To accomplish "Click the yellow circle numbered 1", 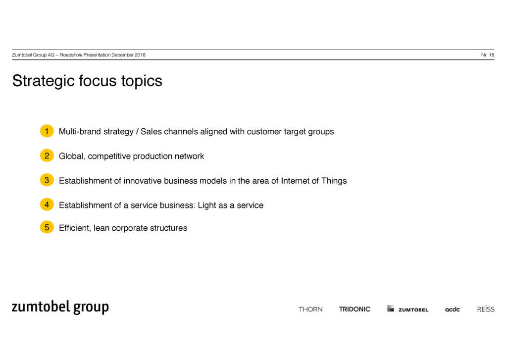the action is (x=47, y=131).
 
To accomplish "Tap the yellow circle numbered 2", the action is (x=47, y=155).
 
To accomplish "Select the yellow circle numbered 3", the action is (x=47, y=180).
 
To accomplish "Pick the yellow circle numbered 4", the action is (x=47, y=205).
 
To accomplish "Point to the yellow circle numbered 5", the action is (x=47, y=227).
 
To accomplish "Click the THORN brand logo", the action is (x=310, y=309).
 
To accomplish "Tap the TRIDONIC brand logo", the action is (x=355, y=309).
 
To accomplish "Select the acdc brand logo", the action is (x=453, y=309).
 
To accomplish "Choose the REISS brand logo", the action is (x=486, y=309).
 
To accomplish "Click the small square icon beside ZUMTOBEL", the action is (x=391, y=308).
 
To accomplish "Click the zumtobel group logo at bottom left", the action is (x=60, y=307).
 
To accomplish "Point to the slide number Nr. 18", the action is (x=488, y=55).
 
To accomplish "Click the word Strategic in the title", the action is (x=44, y=81).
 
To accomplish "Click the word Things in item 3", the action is (x=334, y=181).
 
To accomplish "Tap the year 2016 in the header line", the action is (x=140, y=55).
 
